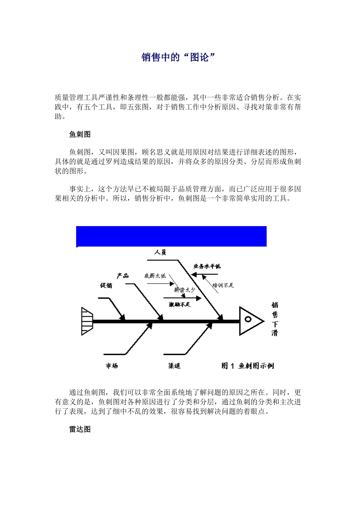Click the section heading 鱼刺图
(x=80, y=134)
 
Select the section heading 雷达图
(x=80, y=429)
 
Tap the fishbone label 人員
(x=160, y=252)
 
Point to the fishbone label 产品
(x=122, y=276)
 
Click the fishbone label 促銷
(x=106, y=286)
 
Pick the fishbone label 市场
(x=112, y=366)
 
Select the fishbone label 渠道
(x=174, y=366)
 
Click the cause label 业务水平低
(x=207, y=266)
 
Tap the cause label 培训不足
(x=223, y=286)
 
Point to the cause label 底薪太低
(x=155, y=276)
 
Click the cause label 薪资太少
(x=185, y=290)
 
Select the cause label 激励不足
(x=180, y=304)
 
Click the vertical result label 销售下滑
(x=275, y=319)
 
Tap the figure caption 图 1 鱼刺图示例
(x=247, y=366)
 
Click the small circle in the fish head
(x=248, y=319)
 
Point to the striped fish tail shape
(x=87, y=321)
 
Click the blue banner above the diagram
(x=171, y=236)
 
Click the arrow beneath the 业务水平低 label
(x=205, y=274)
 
